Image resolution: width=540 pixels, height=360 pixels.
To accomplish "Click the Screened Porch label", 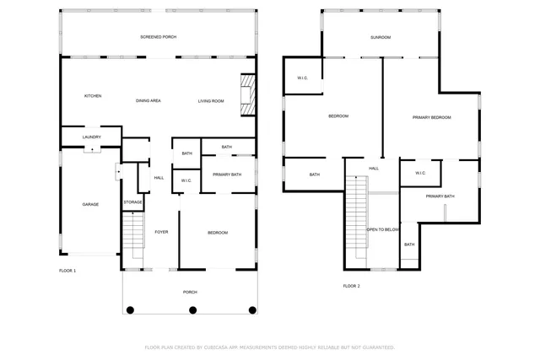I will [158, 37].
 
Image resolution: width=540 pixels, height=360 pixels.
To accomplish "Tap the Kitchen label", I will [93, 96].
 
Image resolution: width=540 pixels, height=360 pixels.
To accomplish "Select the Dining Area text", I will [148, 100].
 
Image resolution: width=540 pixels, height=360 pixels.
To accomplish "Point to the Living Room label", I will [211, 100].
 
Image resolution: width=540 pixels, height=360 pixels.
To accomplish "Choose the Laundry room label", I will [91, 137].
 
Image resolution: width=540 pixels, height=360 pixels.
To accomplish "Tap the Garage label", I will [90, 204].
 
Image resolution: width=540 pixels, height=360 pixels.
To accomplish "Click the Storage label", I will [132, 202].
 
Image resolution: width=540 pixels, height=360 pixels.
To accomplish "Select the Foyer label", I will [161, 233].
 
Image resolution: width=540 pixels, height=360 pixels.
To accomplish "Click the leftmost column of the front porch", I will [130, 310].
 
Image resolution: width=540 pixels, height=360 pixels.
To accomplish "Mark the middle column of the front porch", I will [192, 310].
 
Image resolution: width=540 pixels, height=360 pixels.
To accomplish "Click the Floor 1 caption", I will [67, 271].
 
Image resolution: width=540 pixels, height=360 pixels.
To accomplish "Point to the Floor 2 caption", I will [351, 286].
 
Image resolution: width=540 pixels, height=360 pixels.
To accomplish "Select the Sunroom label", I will [381, 37].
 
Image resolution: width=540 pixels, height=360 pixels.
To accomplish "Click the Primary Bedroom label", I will [431, 117].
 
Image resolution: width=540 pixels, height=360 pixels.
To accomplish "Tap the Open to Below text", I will [382, 229].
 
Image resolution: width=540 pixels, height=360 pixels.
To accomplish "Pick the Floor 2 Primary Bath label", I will [440, 196].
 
